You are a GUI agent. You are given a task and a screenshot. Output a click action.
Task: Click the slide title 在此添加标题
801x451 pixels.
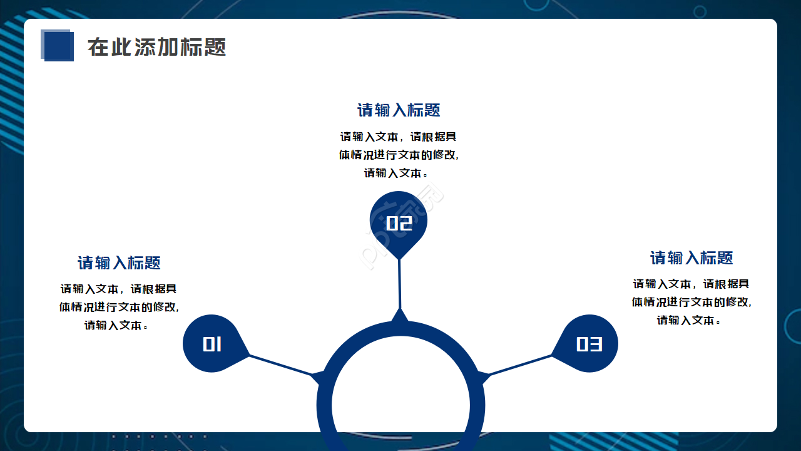click(156, 47)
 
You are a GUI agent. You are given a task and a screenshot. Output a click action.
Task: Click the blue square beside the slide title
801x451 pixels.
click(58, 46)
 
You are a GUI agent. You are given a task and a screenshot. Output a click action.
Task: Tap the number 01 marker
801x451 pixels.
click(212, 344)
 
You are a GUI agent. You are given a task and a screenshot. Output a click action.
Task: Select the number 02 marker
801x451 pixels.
click(399, 222)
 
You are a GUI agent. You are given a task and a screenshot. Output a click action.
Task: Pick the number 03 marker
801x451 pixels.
click(589, 344)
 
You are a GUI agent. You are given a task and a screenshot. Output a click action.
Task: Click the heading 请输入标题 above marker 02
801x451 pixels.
click(399, 110)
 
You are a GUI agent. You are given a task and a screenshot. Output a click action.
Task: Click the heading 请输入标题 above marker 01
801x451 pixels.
click(119, 262)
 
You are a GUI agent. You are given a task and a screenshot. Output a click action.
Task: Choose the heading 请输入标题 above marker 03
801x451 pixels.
click(691, 257)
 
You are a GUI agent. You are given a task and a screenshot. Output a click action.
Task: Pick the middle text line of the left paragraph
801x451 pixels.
click(119, 307)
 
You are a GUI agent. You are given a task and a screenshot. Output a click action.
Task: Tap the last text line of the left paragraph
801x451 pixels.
click(116, 325)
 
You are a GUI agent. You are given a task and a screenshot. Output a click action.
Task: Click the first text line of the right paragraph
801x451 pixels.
click(691, 284)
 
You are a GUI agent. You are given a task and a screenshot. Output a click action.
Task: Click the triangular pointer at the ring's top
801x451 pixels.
click(400, 316)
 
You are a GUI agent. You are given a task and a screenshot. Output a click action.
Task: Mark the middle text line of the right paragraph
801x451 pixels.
click(691, 302)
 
